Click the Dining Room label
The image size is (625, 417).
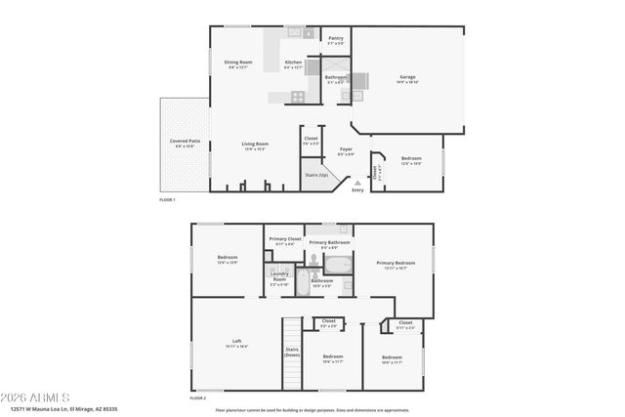[239, 63]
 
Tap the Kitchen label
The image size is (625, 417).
[293, 63]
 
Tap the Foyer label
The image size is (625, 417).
[346, 150]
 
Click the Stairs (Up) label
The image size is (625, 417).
[316, 174]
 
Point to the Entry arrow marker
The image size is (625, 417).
[357, 181]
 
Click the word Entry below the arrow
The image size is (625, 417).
[357, 189]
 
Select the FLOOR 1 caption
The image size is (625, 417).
[167, 199]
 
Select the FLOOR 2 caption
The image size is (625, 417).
[198, 398]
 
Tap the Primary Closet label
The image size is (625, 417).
[284, 240]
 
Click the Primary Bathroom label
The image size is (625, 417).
[329, 242]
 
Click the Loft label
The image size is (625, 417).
[237, 342]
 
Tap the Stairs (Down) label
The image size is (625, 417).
[292, 352]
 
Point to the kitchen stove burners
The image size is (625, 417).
[297, 95]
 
